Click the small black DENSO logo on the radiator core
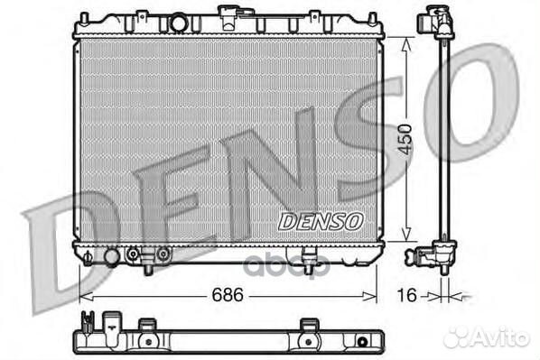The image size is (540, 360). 320,221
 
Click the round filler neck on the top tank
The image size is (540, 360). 180,22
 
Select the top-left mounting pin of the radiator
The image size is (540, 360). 84,19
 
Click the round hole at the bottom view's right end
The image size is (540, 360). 363,342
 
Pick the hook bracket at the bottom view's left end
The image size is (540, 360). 88,321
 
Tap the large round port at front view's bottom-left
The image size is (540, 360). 111,257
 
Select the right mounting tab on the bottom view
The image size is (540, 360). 308,326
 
